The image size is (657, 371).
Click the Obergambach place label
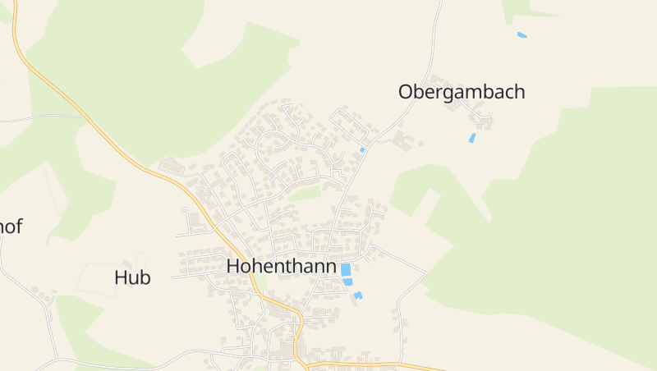[462, 92]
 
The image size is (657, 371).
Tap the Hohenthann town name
[282, 266]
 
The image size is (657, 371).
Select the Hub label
[132, 277]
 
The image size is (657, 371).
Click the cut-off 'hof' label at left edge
[11, 227]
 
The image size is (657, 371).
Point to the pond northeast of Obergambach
[521, 34]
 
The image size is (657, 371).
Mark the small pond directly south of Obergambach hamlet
[471, 138]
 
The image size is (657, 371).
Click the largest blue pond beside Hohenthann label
[346, 269]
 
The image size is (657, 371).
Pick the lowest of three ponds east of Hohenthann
[358, 295]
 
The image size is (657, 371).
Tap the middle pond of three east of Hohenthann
[348, 282]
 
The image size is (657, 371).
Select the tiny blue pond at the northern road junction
[362, 150]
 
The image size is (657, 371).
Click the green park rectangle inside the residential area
[305, 194]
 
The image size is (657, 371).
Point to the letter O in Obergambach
[405, 92]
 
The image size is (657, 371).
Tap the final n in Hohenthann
[331, 268]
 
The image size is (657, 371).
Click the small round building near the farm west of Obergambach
[420, 143]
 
